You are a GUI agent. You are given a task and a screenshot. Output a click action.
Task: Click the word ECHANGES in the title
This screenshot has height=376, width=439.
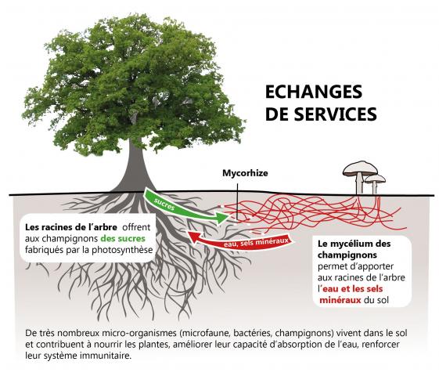click(314, 92)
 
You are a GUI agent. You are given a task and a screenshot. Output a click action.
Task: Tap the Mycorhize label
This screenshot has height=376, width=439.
click(245, 173)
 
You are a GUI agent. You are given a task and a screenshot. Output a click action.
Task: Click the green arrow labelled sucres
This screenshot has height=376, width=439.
click(185, 208)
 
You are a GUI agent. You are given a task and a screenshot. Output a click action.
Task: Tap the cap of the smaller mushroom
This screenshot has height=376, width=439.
click(375, 179)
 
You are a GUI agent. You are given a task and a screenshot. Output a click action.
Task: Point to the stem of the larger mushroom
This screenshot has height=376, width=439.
click(359, 184)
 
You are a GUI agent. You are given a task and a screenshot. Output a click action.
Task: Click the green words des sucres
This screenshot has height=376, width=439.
click(123, 239)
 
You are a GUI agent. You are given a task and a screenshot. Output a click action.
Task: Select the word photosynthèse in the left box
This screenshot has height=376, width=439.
click(122, 250)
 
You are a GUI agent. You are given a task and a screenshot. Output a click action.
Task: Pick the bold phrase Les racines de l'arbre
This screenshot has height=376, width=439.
click(71, 227)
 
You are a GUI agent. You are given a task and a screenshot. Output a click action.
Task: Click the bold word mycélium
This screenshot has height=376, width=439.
click(354, 244)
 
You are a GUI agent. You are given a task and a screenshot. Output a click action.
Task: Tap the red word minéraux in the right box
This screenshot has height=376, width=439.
click(340, 300)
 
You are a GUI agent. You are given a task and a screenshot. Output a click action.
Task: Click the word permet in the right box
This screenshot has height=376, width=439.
click(331, 266)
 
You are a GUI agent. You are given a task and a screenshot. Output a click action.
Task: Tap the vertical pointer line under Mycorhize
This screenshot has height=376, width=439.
click(237, 202)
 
